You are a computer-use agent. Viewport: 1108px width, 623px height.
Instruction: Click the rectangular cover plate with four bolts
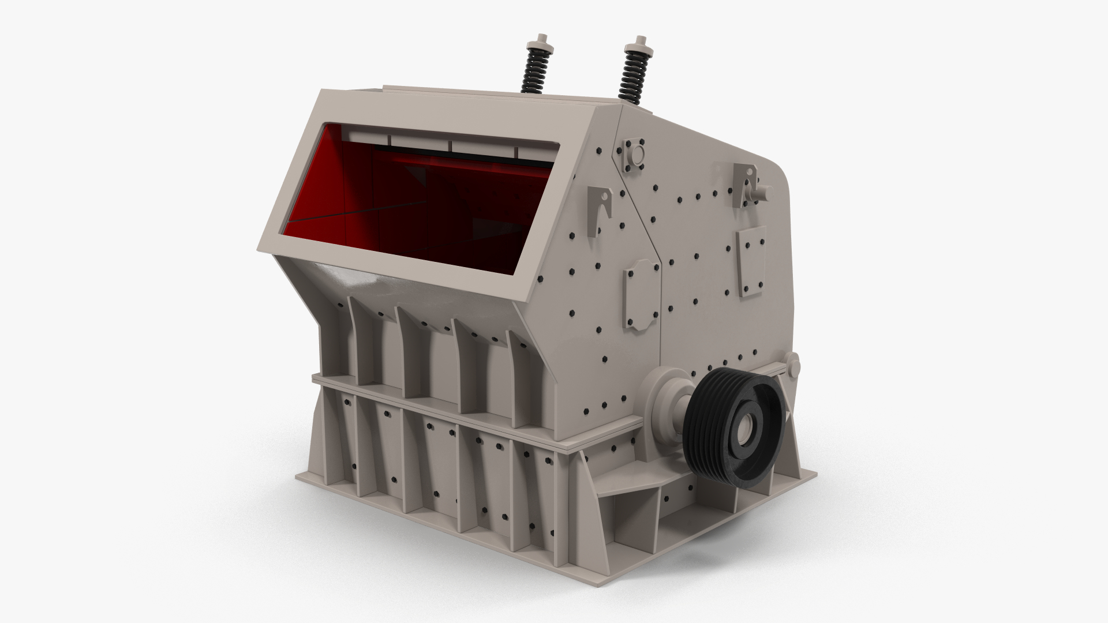(751, 261)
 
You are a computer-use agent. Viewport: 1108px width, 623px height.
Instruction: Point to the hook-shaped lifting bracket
(600, 210)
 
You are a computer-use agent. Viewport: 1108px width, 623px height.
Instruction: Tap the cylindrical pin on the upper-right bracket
(764, 191)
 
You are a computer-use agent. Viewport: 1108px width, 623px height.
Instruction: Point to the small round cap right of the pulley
(793, 365)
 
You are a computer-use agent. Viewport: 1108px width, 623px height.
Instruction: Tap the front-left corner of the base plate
(300, 479)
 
